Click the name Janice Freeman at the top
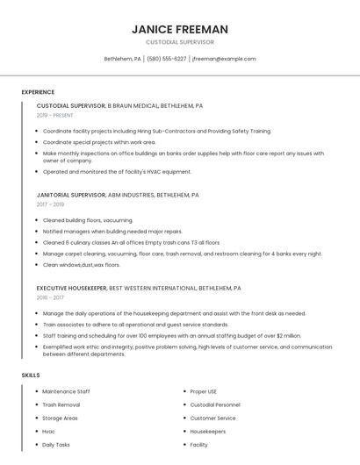(x=180, y=29)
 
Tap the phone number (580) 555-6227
(x=167, y=59)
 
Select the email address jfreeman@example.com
(x=224, y=59)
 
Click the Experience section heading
(x=38, y=91)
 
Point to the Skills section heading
(x=31, y=375)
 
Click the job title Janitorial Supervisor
(x=71, y=195)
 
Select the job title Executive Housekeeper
(x=72, y=288)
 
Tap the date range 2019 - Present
(x=55, y=115)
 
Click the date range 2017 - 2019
(x=49, y=204)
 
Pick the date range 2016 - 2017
(x=49, y=297)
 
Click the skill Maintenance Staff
(x=66, y=391)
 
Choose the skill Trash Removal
(x=61, y=404)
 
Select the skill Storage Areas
(x=60, y=418)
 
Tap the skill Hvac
(x=49, y=431)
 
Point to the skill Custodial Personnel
(x=215, y=404)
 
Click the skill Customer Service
(x=212, y=418)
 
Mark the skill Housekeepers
(x=207, y=431)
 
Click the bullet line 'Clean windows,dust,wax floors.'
(x=82, y=264)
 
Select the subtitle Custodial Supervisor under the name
(x=180, y=42)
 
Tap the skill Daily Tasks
(x=56, y=445)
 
